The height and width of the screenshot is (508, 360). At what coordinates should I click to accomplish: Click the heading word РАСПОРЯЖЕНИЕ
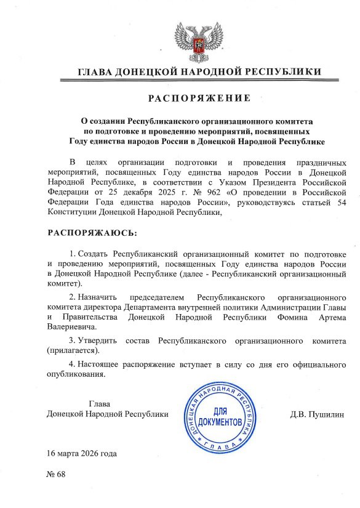199,99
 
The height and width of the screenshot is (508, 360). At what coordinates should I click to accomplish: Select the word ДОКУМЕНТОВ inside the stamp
220,424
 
